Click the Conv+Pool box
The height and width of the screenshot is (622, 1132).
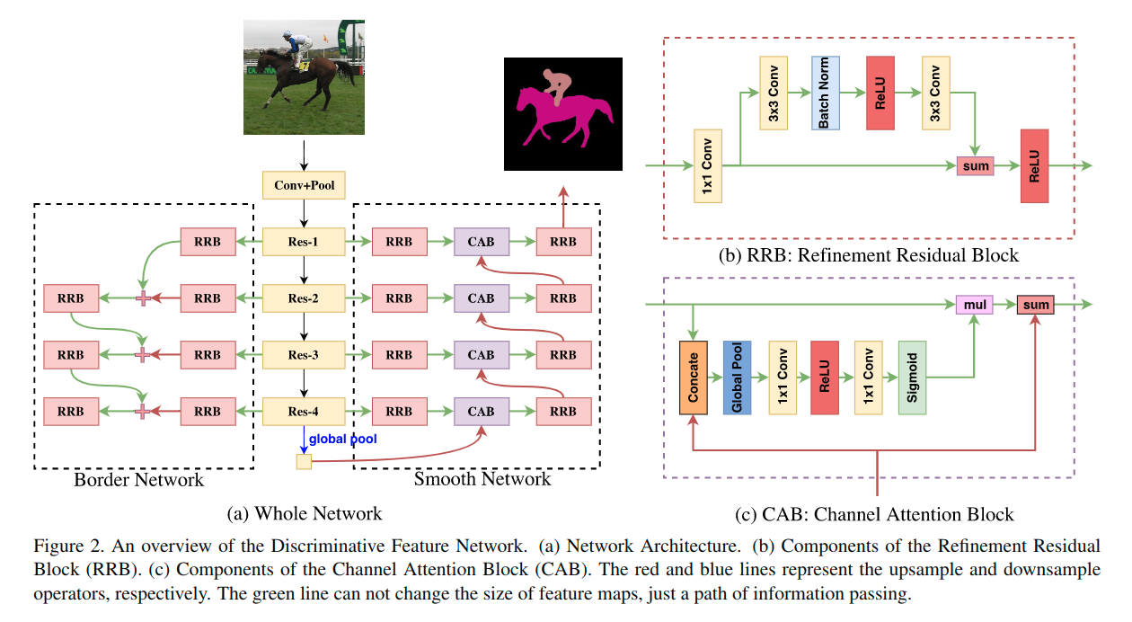(304, 186)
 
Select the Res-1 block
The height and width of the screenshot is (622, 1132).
(304, 242)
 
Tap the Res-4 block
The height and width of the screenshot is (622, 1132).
(304, 412)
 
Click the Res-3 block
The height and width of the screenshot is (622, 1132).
(304, 355)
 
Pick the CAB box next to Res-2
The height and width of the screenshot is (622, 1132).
(481, 298)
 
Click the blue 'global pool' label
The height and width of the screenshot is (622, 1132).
(342, 439)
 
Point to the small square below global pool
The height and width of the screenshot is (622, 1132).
(304, 462)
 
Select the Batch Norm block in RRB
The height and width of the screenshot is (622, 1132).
(825, 93)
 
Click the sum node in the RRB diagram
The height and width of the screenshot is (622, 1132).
(975, 166)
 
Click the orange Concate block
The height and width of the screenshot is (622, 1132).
(694, 378)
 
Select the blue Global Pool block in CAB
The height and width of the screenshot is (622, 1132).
(737, 378)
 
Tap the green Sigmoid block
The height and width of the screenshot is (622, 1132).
(912, 378)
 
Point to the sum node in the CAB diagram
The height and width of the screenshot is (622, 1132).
(1035, 306)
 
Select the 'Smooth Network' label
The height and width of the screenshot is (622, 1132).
(482, 480)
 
